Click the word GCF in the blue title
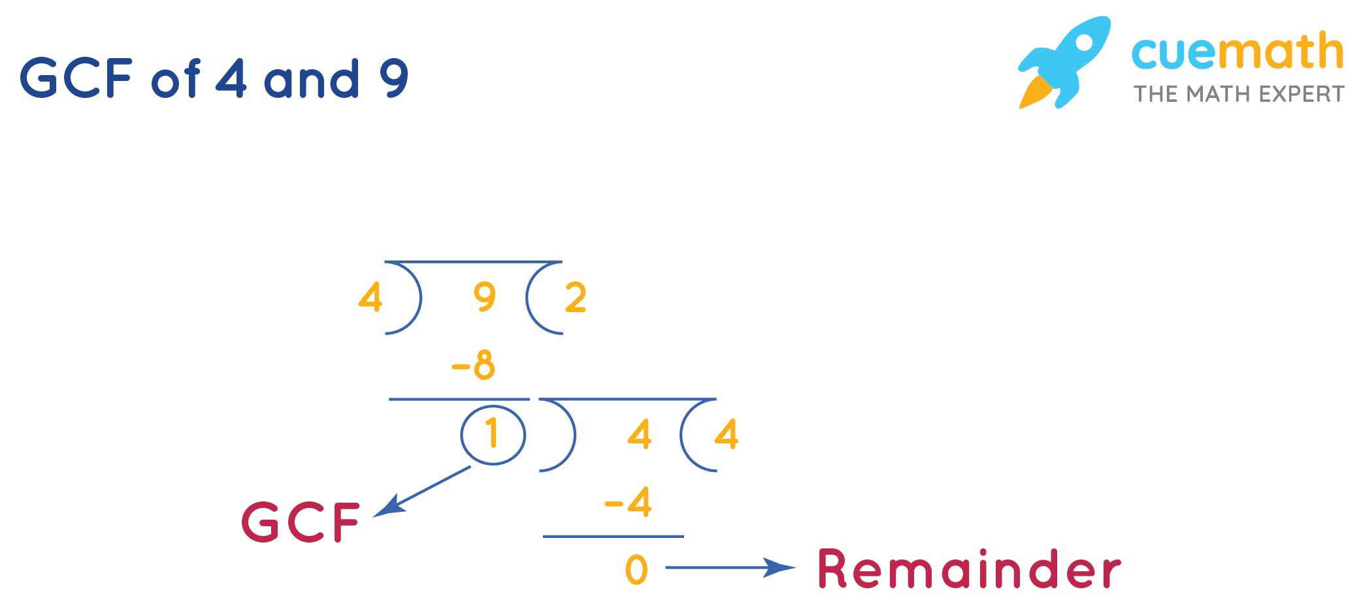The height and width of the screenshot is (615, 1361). coord(76,78)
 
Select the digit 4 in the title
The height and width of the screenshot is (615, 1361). coord(231,78)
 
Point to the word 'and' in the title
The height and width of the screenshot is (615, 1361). coord(312,79)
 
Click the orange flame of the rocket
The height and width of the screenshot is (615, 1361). coord(1036,92)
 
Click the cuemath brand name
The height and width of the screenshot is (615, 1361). coord(1237,52)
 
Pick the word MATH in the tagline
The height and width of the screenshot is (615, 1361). coord(1219,94)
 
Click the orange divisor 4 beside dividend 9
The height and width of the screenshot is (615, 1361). coord(370,298)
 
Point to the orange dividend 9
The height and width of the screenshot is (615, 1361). coord(485,298)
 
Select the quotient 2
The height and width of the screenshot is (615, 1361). coord(576,298)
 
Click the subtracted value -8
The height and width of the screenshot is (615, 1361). coord(474,366)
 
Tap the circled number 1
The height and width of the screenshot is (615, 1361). coord(493,434)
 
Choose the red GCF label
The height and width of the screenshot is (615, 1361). coord(301,522)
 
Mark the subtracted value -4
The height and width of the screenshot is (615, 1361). coord(629,503)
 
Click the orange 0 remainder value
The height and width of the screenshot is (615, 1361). coord(636,569)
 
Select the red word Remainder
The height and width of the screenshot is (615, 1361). coord(969,569)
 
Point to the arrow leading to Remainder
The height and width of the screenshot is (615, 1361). coord(729,567)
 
